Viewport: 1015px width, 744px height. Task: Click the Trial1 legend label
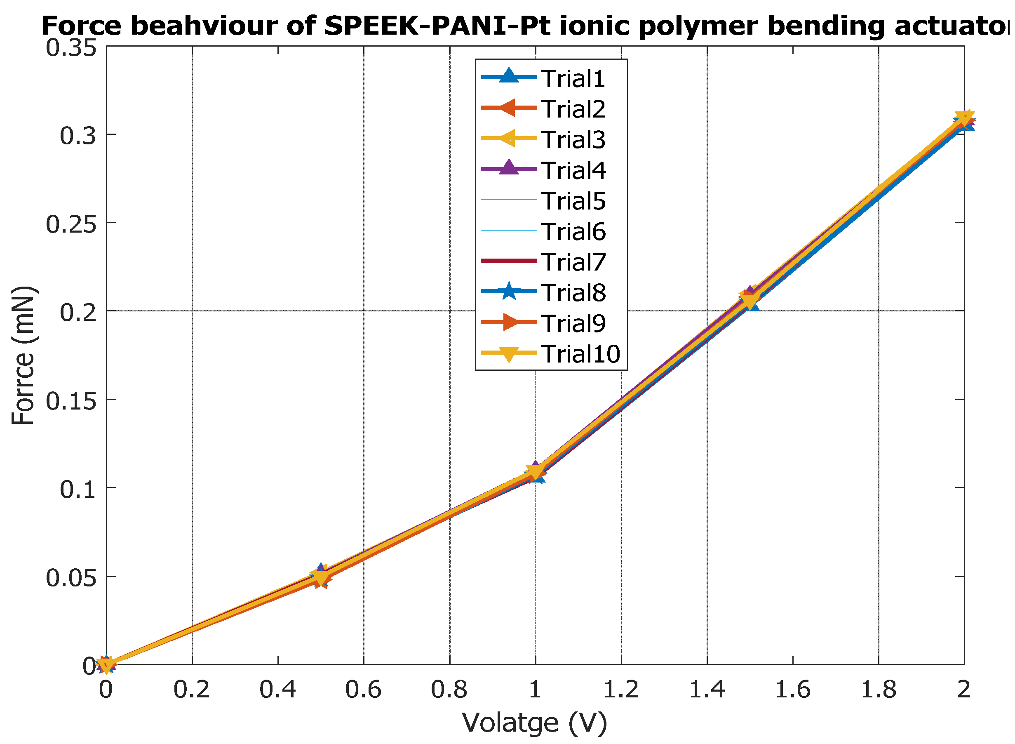click(x=573, y=79)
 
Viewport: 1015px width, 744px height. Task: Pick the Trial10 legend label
click(x=580, y=354)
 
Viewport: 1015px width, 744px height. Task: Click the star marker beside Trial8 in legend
click(x=509, y=292)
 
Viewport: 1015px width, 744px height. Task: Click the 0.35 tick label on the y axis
click(x=71, y=48)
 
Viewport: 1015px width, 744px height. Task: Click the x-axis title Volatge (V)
click(x=535, y=723)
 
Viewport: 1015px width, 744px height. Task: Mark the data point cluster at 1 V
click(x=535, y=471)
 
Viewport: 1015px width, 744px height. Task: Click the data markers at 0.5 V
click(x=320, y=576)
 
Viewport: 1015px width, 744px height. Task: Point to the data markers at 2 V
click(x=963, y=120)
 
